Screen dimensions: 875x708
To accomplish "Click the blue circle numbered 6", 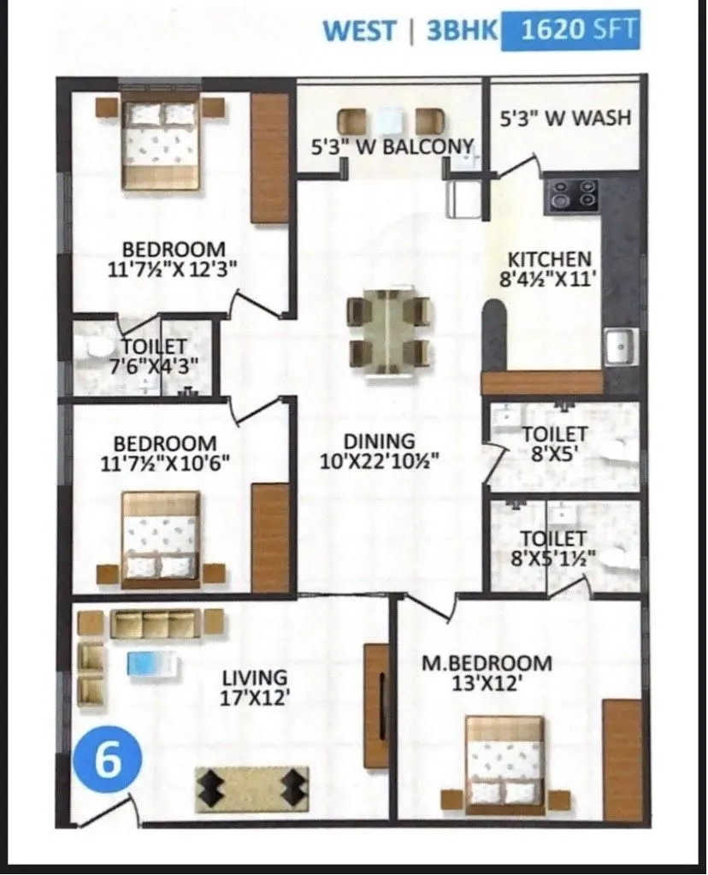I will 107,760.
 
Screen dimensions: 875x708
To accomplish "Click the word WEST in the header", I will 359,31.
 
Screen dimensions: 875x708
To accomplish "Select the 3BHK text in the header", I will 460,31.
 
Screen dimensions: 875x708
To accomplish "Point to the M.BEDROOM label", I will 487,663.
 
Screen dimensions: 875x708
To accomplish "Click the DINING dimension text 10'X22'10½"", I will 379,462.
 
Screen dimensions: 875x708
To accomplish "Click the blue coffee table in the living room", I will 152,663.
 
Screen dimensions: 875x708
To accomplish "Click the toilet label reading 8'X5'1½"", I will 553,559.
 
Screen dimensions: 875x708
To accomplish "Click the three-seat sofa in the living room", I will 156,624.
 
